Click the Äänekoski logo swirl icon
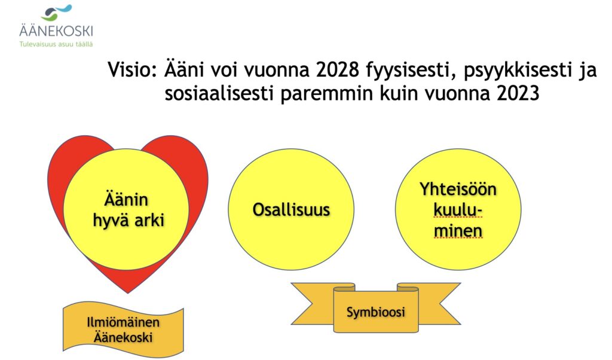tap(56, 13)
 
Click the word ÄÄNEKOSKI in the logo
tap(56, 31)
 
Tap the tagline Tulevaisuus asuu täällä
tap(56, 44)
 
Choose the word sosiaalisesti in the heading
tap(219, 94)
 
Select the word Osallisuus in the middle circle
tap(291, 210)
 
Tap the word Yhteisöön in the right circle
tap(458, 190)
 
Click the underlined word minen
tap(458, 231)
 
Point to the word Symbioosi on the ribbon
tap(375, 312)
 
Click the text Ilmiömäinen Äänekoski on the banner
tap(123, 330)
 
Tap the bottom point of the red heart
tap(128, 292)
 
